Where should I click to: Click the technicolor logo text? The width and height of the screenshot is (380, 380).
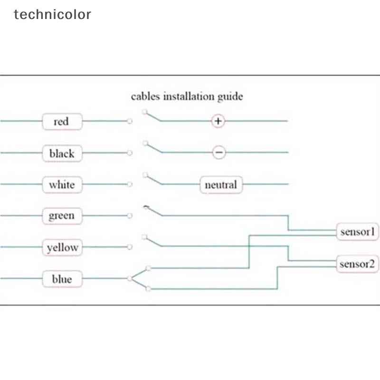click(x=52, y=14)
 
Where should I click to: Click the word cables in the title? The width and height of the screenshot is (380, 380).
click(x=145, y=96)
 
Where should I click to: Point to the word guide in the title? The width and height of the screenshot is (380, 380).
click(x=230, y=97)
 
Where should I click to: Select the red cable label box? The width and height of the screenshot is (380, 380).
click(x=62, y=122)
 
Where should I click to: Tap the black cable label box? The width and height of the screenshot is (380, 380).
click(x=62, y=153)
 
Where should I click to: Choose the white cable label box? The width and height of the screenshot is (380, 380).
click(x=62, y=184)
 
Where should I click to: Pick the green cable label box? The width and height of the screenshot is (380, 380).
click(x=62, y=216)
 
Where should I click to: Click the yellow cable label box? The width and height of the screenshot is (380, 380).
click(x=62, y=247)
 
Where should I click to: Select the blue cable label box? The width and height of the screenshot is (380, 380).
click(x=62, y=279)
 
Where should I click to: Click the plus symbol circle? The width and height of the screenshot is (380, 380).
click(x=218, y=121)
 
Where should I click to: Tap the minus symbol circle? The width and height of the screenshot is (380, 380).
click(x=218, y=152)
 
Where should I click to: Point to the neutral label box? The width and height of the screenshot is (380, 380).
click(x=221, y=184)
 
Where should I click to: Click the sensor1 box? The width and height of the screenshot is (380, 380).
click(x=358, y=232)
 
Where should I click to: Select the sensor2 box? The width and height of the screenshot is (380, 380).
click(x=358, y=264)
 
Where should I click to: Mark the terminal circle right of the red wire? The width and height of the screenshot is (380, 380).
click(x=129, y=121)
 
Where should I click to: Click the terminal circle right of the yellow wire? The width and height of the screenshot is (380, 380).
click(x=129, y=247)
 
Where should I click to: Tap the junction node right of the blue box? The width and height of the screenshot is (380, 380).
click(x=130, y=278)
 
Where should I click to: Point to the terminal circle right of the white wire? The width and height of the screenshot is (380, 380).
click(x=129, y=184)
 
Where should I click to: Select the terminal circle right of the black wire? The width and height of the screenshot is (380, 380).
click(x=129, y=153)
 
